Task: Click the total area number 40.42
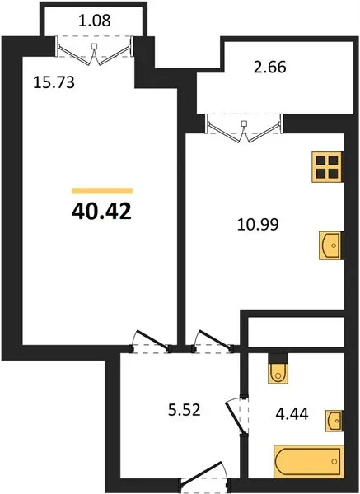(101, 212)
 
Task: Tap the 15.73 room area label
(54, 82)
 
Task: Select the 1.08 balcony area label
(95, 21)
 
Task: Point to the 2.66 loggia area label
(270, 68)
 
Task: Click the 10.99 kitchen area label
(258, 225)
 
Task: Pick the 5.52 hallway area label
(184, 411)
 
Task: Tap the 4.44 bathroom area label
(292, 413)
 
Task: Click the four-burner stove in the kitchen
(327, 167)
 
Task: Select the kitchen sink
(331, 245)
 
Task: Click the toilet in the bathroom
(278, 369)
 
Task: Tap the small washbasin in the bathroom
(334, 421)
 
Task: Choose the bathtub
(308, 461)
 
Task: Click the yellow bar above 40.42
(102, 191)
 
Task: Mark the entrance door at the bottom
(204, 476)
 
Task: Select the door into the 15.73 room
(151, 341)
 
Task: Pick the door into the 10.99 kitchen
(213, 341)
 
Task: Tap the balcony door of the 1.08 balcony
(95, 50)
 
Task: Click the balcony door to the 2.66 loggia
(245, 128)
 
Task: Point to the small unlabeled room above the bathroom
(296, 332)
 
